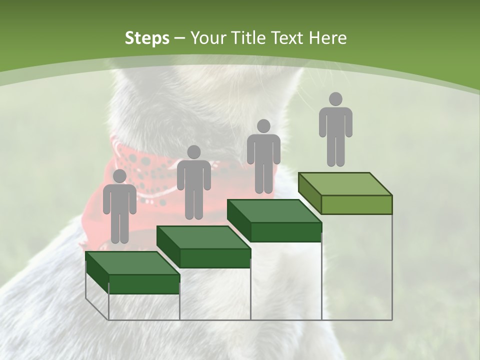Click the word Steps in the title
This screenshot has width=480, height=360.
click(147, 38)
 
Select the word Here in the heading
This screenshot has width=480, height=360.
click(328, 38)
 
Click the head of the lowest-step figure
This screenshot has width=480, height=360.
click(119, 176)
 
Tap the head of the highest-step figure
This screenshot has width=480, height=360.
click(335, 99)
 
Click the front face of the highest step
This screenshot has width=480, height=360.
click(356, 204)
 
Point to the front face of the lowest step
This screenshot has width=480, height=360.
click(144, 284)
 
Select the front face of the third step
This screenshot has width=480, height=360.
click(285, 231)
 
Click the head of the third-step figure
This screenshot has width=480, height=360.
click(263, 126)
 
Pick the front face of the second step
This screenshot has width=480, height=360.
click(215, 258)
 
